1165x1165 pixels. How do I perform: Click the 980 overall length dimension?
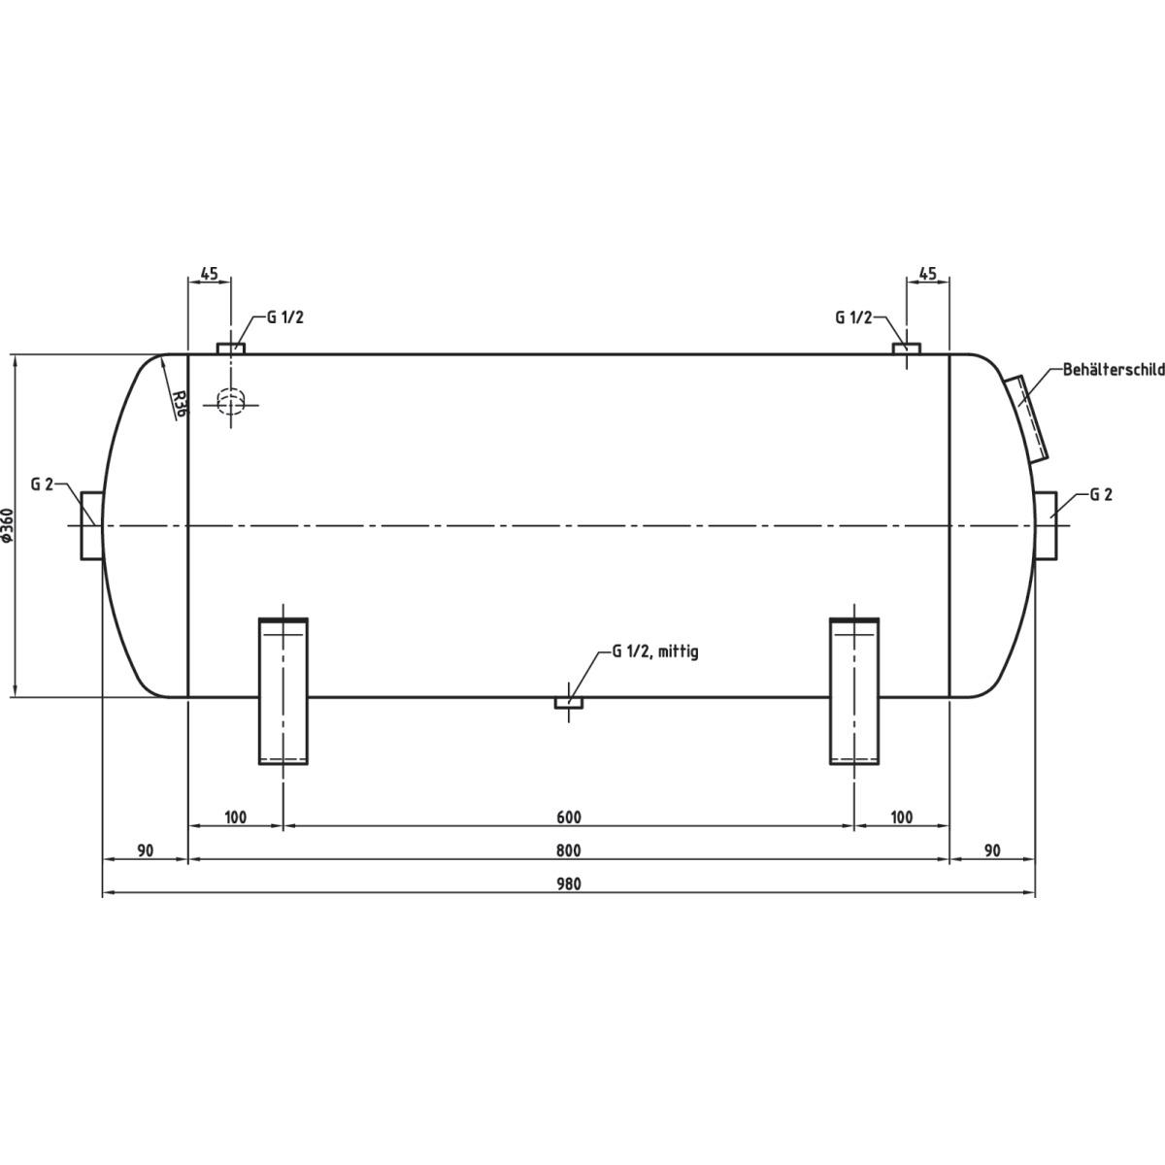pyautogui.click(x=568, y=884)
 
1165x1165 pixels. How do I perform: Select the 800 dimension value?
pyautogui.click(x=568, y=851)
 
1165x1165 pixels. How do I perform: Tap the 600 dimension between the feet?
pyautogui.click(x=568, y=817)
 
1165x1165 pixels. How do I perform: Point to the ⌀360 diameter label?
pyautogui.click(x=8, y=524)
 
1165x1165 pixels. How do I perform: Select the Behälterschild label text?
pyautogui.click(x=1114, y=370)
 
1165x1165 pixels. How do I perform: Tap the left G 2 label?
pyautogui.click(x=43, y=483)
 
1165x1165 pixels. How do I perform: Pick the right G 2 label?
pyautogui.click(x=1101, y=494)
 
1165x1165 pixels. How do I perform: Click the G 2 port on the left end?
pyautogui.click(x=92, y=525)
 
